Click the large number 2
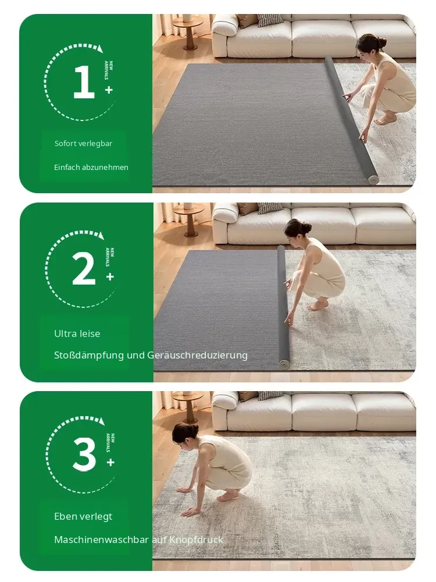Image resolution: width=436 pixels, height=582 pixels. coord(84,269)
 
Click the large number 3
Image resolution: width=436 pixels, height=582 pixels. coord(84,454)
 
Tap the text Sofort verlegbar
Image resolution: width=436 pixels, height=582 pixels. coord(83,144)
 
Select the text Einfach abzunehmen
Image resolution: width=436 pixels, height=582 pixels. coord(91,168)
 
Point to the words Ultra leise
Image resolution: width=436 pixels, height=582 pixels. coord(77,333)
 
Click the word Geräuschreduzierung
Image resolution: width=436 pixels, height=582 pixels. coord(197,356)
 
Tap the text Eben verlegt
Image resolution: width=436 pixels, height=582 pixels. coord(83,517)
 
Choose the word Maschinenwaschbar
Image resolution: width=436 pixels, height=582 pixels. coord(101,540)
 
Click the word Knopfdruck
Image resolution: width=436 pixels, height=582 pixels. coord(196,540)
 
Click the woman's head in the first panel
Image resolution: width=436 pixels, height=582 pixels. coord(369,45)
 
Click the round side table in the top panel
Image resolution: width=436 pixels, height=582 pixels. coord(188,31)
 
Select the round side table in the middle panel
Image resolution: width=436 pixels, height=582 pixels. coord(189,219)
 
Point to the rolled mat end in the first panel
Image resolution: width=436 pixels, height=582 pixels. coord(373,179)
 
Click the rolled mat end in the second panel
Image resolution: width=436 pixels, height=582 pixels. coord(284,364)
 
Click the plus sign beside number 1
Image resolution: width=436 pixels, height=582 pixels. coord(109,90)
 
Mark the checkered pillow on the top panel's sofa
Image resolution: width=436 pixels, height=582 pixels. coord(270,20)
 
